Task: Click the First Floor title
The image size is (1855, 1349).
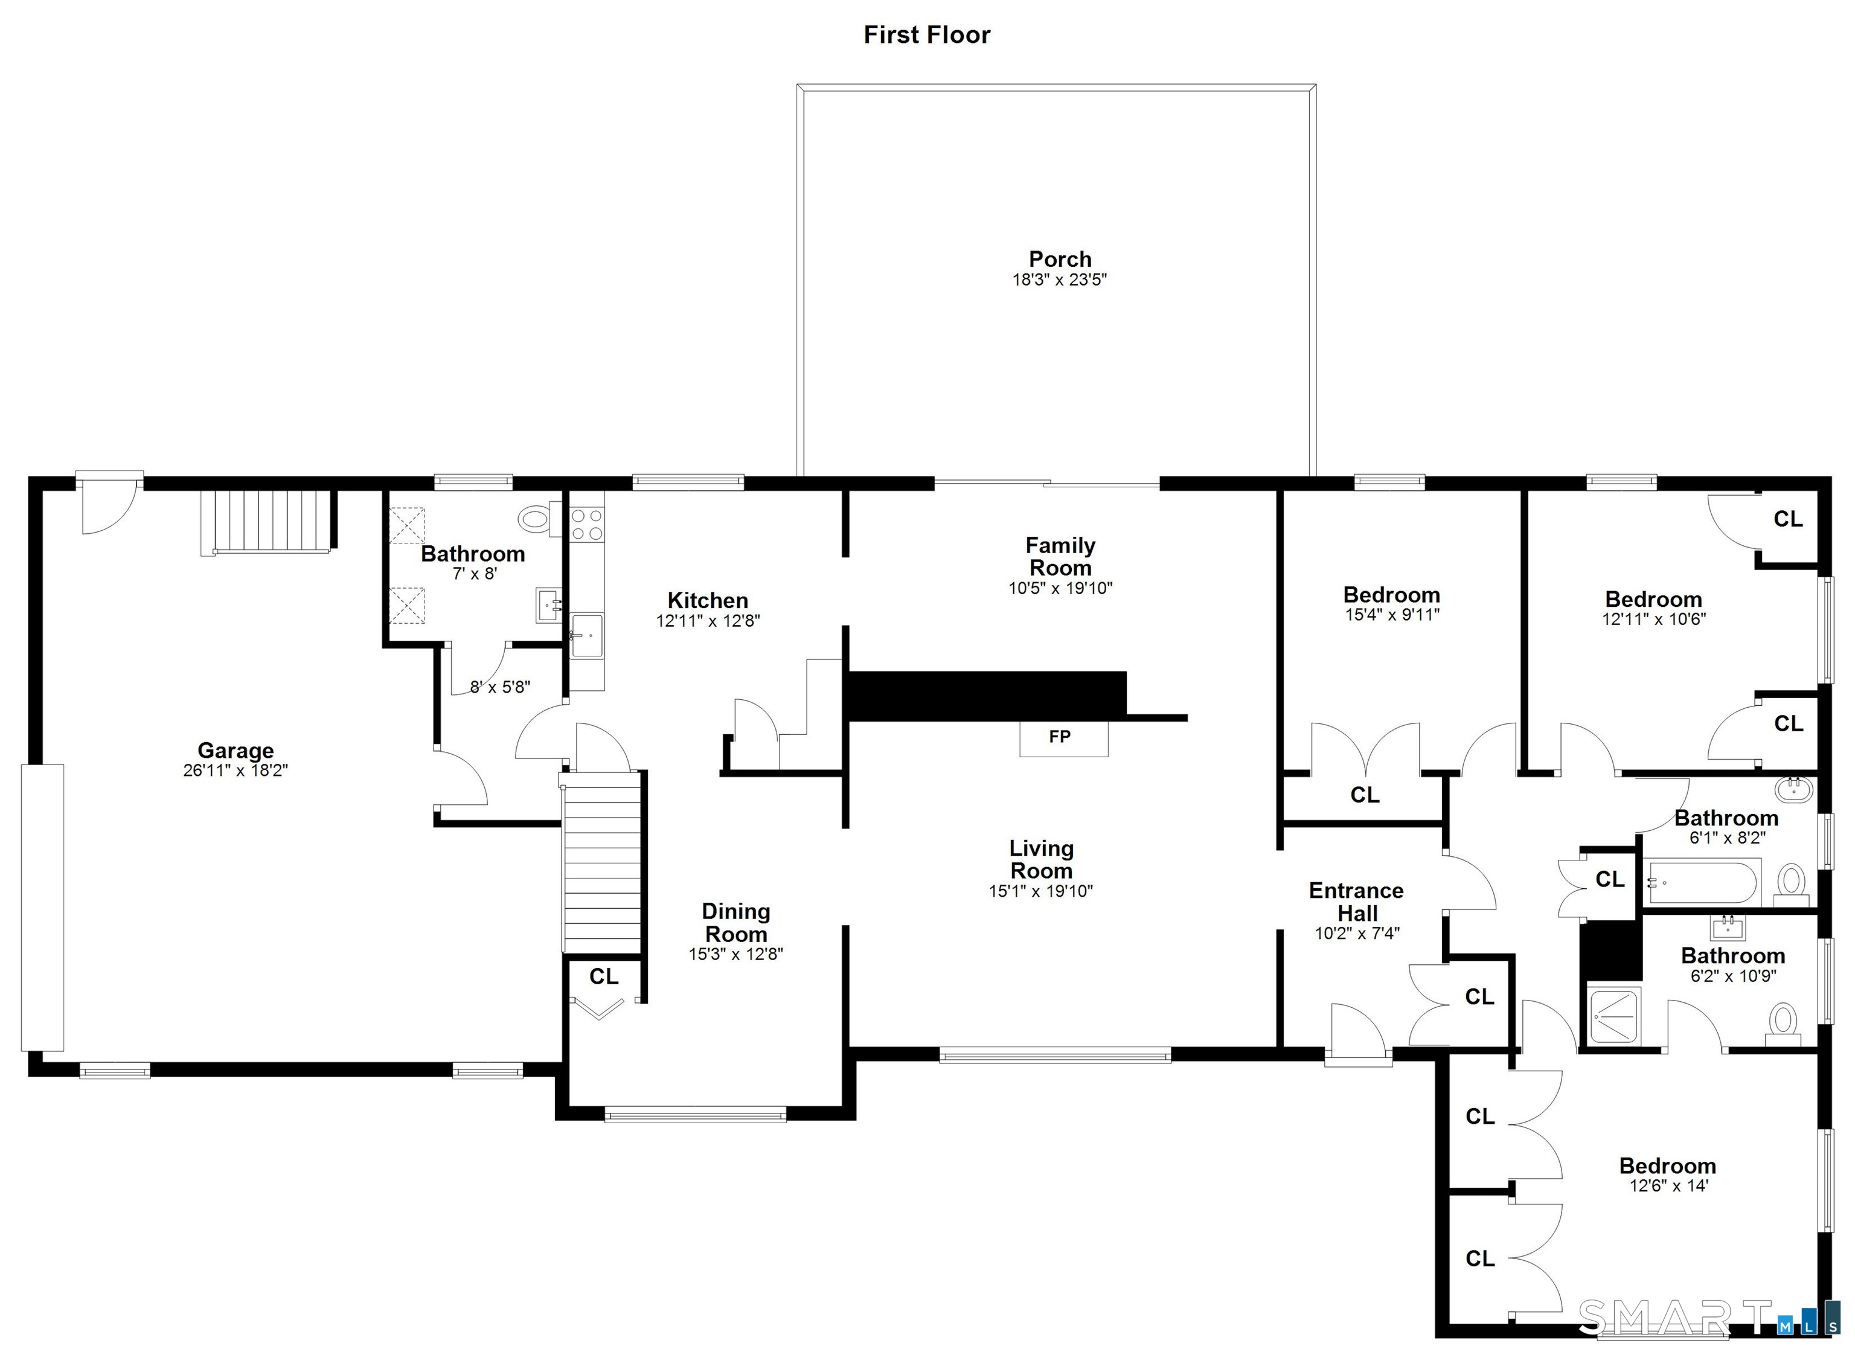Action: click(x=927, y=34)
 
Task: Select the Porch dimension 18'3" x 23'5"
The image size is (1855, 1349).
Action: click(x=1060, y=280)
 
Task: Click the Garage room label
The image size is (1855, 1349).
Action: click(x=235, y=750)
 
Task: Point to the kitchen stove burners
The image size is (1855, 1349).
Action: click(x=586, y=524)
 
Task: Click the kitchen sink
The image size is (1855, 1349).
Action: click(x=586, y=635)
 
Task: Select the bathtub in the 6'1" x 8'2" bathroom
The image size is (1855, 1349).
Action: click(x=1701, y=882)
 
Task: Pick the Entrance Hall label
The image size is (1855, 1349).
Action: click(x=1357, y=902)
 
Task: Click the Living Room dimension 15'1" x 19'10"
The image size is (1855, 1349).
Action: click(x=1040, y=891)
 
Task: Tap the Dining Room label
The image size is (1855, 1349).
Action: click(x=736, y=923)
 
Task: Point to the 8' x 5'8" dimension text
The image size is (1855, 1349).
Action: click(x=500, y=687)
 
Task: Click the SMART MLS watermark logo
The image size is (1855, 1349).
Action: click(x=1708, y=1319)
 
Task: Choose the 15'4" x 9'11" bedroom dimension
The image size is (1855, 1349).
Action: click(x=1392, y=614)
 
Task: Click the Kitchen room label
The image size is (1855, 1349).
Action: click(x=708, y=600)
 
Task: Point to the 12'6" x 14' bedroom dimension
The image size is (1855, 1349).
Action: click(x=1668, y=1185)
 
